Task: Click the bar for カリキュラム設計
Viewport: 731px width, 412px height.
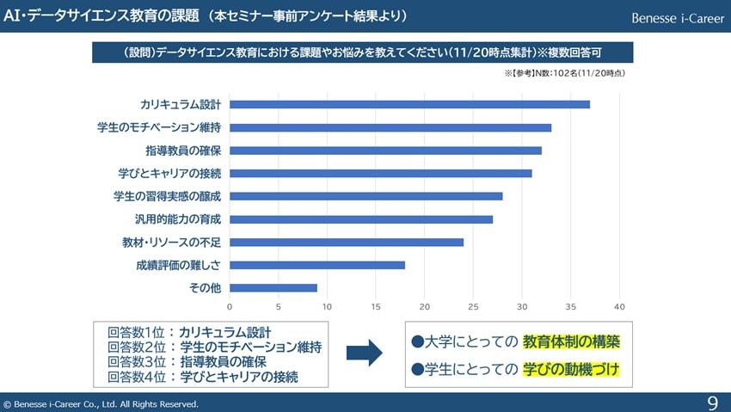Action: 409,105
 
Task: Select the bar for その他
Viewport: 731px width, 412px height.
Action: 273,287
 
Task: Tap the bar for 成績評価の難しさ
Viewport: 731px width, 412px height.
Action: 317,265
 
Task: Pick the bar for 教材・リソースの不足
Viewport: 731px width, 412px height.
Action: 347,242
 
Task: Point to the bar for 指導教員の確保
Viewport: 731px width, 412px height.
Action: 385,151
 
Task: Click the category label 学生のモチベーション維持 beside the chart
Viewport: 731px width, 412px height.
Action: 159,128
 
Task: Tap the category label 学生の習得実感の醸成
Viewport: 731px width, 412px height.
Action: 167,196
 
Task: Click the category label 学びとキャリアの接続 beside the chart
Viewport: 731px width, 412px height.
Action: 169,174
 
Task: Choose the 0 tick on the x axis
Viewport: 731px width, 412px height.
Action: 230,306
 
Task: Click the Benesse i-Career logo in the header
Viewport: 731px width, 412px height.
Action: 678,18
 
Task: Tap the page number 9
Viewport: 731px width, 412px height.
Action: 712,403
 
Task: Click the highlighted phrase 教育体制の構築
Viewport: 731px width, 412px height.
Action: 571,341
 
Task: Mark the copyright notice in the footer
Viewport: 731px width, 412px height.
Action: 101,403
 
